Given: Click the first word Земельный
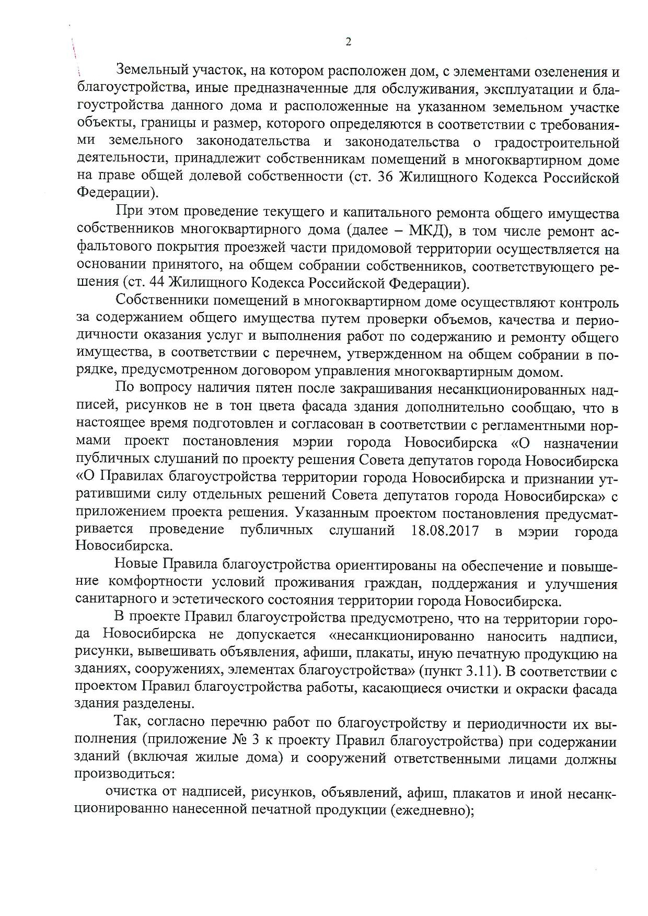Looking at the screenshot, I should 149,71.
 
